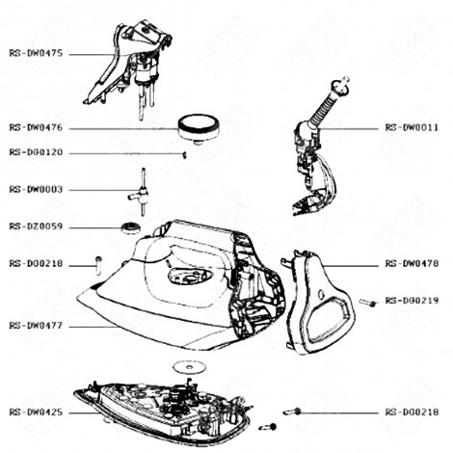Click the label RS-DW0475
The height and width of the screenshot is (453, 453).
click(36, 54)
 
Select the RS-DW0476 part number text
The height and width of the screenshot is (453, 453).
click(36, 128)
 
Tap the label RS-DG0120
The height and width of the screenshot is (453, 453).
click(36, 152)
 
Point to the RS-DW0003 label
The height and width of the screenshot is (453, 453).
click(36, 190)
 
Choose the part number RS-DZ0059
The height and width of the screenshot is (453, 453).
click(36, 226)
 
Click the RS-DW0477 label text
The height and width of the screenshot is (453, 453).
click(36, 326)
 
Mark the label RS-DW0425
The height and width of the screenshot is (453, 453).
click(36, 411)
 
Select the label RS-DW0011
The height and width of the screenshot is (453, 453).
click(412, 127)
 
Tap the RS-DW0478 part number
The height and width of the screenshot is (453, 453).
click(412, 263)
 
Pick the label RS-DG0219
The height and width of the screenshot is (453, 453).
click(412, 301)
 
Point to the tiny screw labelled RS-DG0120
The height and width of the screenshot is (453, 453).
click(184, 153)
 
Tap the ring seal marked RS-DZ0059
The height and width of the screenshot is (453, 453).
click(125, 227)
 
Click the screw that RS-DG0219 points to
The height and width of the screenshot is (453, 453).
click(366, 303)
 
